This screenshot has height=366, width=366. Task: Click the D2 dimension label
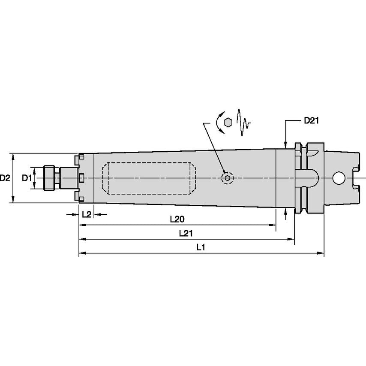click(5, 177)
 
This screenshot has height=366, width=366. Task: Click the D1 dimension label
click(27, 177)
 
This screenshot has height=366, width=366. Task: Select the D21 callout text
click(311, 121)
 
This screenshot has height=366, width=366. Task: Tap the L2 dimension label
click(87, 214)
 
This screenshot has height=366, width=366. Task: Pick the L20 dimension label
click(177, 219)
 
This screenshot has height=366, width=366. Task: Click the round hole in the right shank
click(339, 177)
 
